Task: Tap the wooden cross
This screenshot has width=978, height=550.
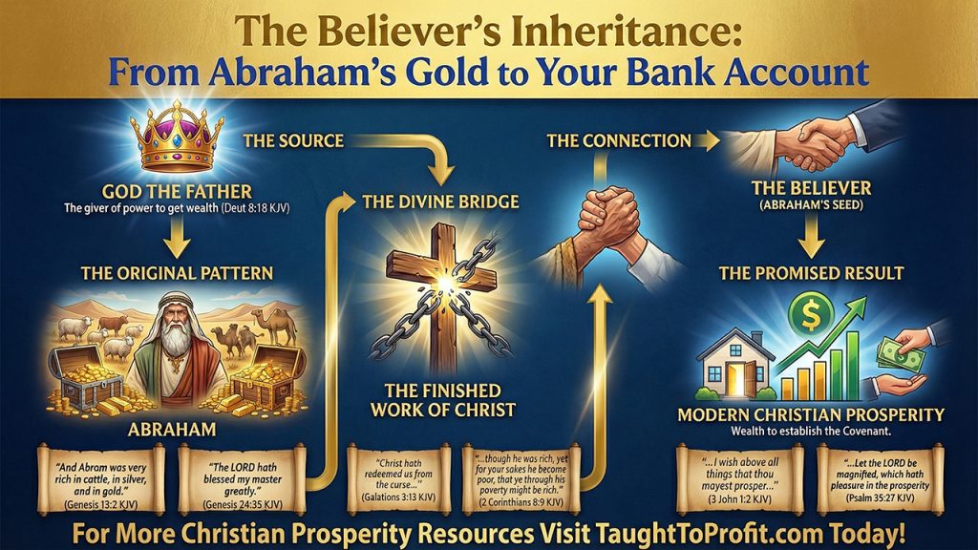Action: point(429,286)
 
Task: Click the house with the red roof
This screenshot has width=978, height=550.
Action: point(735,363)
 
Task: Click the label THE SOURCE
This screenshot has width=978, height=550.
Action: point(293,141)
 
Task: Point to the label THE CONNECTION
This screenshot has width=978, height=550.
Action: point(619,141)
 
